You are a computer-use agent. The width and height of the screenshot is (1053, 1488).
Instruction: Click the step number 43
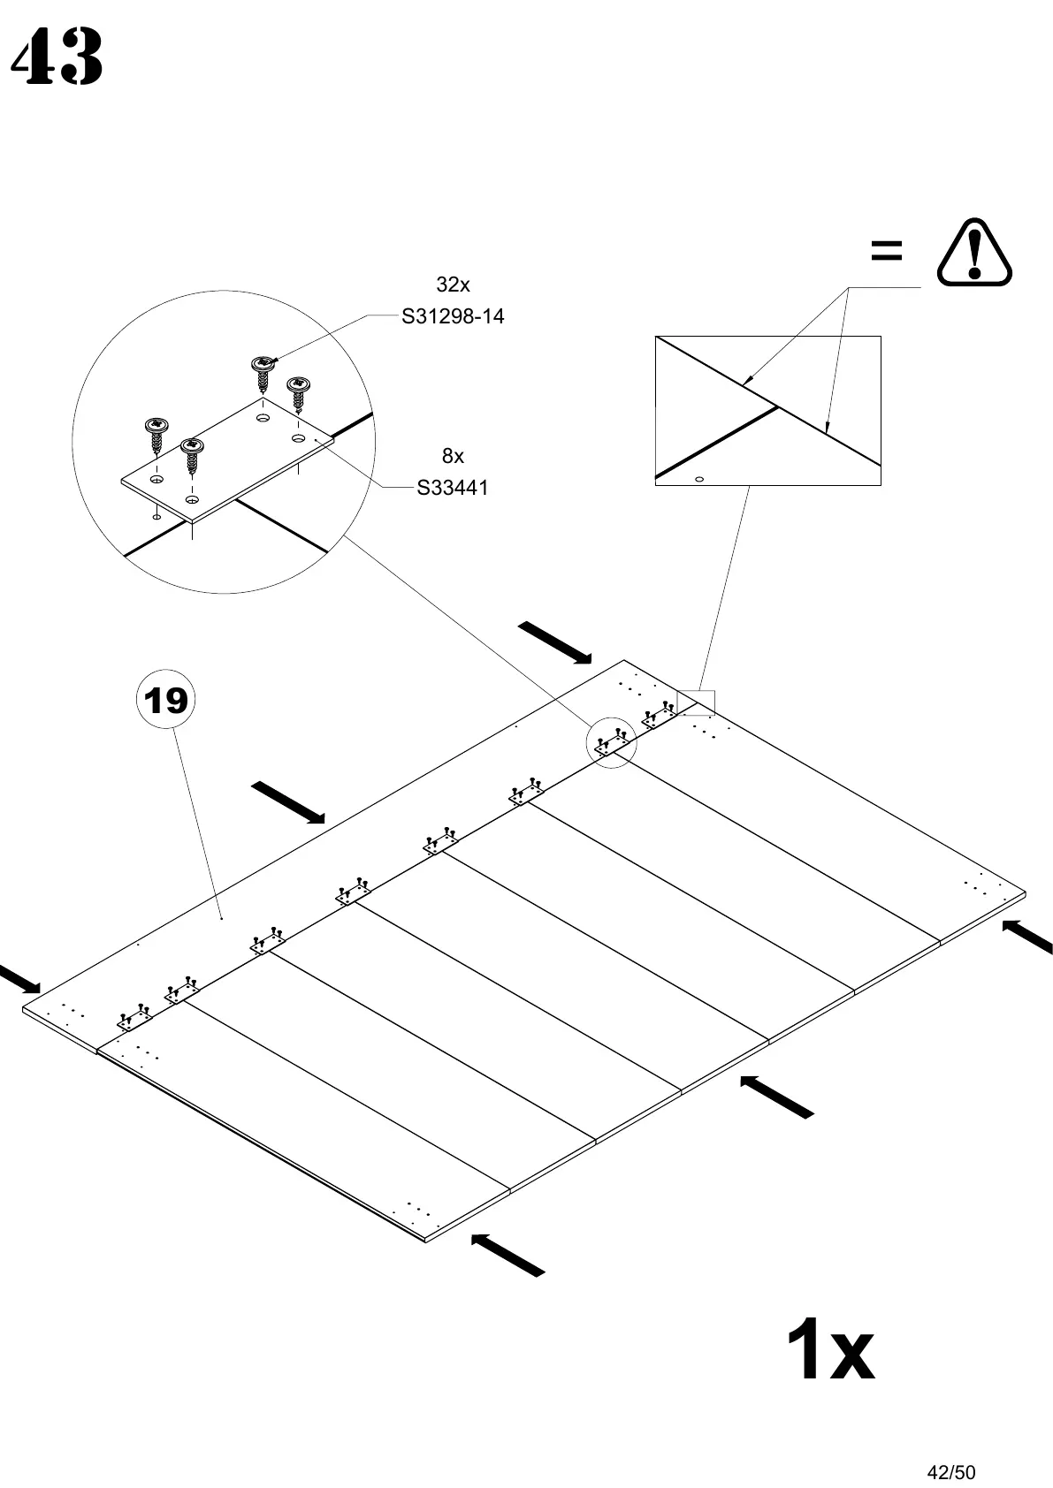57,57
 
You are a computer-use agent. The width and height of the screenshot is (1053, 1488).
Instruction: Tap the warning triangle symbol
973,253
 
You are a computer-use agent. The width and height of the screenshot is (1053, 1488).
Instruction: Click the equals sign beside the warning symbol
886,251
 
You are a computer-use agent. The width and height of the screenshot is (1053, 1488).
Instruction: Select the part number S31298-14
453,316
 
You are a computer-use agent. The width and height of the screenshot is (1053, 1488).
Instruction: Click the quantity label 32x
453,285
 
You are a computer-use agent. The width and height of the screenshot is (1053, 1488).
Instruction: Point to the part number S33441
453,488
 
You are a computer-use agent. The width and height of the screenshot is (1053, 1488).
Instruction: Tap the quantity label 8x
453,456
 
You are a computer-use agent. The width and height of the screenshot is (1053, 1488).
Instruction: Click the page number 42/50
950,1447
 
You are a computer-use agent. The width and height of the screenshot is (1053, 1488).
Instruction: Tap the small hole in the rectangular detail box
699,479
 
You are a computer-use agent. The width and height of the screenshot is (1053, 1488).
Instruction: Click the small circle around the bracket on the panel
612,744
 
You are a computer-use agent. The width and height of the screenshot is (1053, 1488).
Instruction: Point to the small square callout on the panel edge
696,702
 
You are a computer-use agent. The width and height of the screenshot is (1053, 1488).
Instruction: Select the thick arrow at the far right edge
1030,936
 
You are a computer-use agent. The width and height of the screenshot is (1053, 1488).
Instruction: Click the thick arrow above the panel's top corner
555,642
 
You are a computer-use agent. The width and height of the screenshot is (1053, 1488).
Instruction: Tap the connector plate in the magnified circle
228,459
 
